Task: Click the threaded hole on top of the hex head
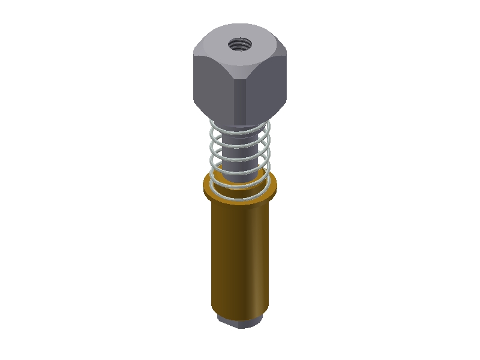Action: tap(240, 43)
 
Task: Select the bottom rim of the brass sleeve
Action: tap(240, 318)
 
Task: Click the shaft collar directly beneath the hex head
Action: tap(240, 128)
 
